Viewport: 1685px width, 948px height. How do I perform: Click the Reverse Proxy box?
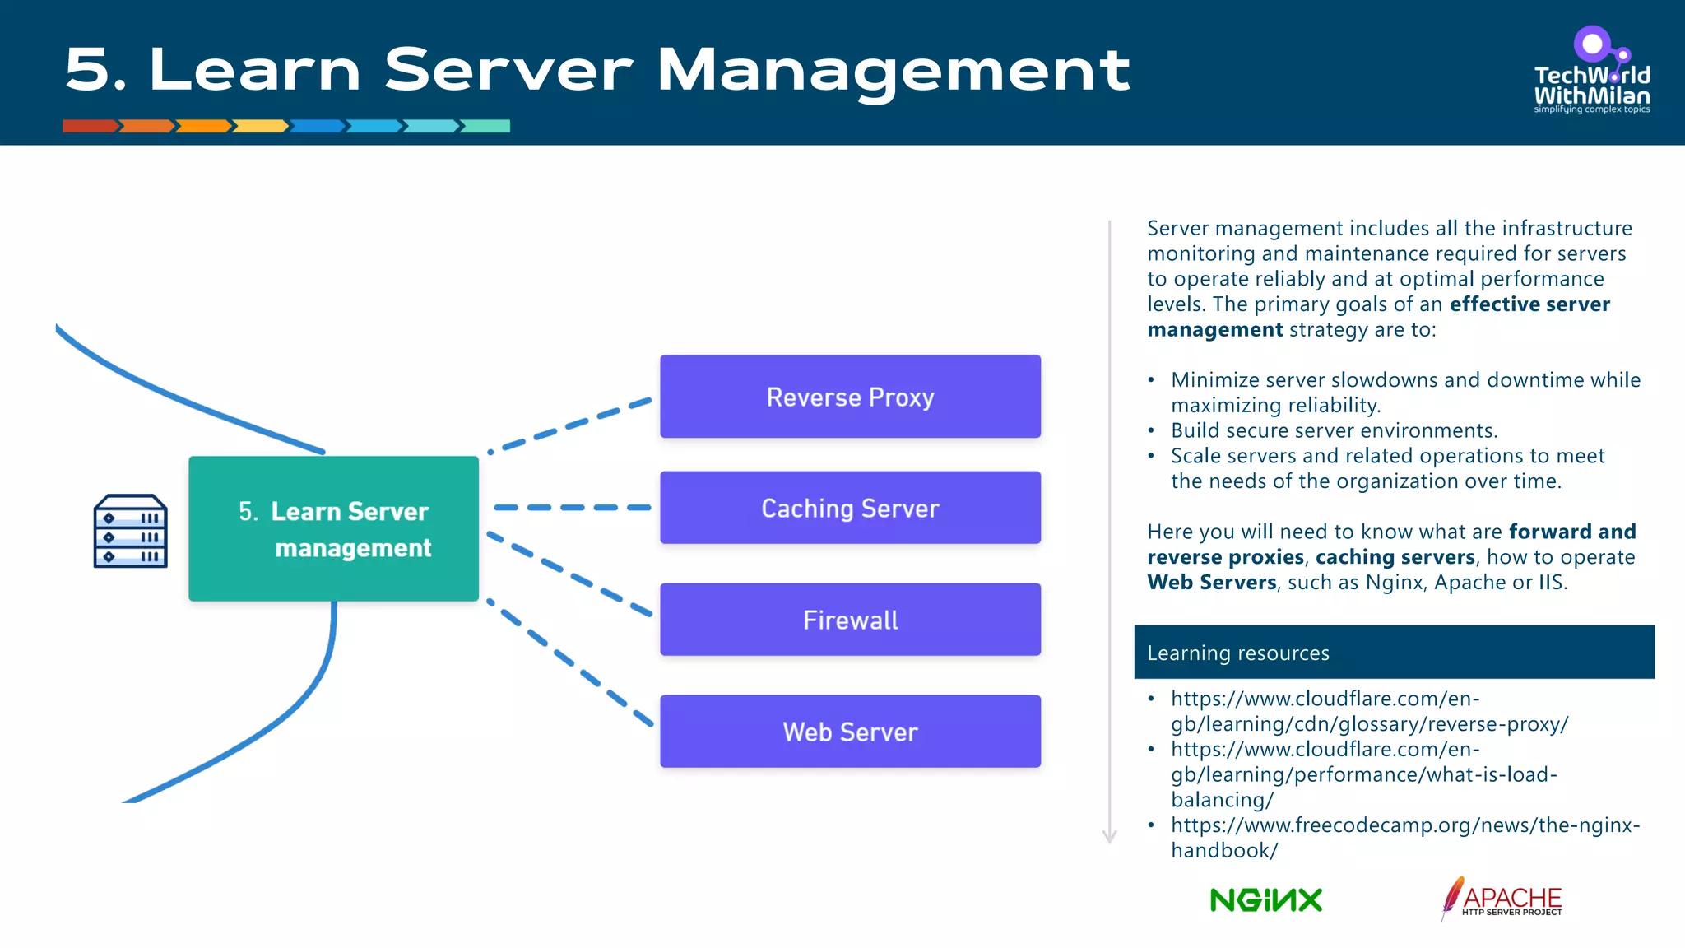pyautogui.click(x=850, y=397)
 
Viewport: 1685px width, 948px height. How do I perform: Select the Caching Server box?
pyautogui.click(x=850, y=508)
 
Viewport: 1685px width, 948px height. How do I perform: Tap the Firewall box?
pyautogui.click(x=850, y=620)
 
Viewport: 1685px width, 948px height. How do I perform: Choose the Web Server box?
pyautogui.click(x=850, y=732)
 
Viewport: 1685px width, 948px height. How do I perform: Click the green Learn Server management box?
pyautogui.click(x=333, y=528)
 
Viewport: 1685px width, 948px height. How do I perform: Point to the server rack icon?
pyautogui.click(x=130, y=531)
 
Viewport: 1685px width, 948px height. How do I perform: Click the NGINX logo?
pyautogui.click(x=1266, y=900)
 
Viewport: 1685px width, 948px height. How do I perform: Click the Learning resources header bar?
pyautogui.click(x=1394, y=653)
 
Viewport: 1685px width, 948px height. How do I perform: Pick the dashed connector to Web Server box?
pyautogui.click(x=569, y=663)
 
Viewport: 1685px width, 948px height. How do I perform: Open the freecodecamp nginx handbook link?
pyautogui.click(x=1404, y=837)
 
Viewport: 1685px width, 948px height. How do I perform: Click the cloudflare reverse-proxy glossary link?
pyautogui.click(x=1369, y=712)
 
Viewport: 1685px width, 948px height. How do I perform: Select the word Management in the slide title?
pyautogui.click(x=893, y=71)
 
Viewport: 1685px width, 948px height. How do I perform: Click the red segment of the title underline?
pyautogui.click(x=91, y=126)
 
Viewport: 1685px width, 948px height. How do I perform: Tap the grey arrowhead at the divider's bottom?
pyautogui.click(x=1109, y=837)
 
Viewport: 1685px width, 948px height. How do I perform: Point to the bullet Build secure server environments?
pyautogui.click(x=1334, y=430)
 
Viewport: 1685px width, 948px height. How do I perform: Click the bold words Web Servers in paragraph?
pyautogui.click(x=1212, y=583)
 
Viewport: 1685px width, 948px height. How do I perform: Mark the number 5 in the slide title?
pyautogui.click(x=87, y=69)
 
